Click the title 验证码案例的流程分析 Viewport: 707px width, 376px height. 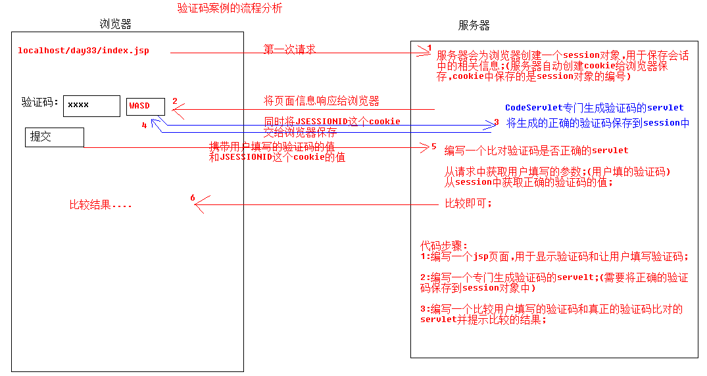click(x=230, y=9)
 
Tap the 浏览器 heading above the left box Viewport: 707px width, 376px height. click(x=116, y=24)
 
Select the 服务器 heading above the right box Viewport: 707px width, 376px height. click(x=474, y=26)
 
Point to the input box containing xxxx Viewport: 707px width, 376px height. click(x=91, y=105)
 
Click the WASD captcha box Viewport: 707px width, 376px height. click(x=145, y=106)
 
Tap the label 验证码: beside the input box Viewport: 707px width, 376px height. click(x=40, y=103)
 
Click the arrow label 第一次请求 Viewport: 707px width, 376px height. click(x=290, y=49)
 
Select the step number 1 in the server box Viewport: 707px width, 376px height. click(x=429, y=48)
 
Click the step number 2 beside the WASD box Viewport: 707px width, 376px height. click(x=175, y=101)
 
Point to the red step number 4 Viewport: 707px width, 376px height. click(x=144, y=125)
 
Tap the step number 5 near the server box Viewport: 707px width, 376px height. click(x=433, y=147)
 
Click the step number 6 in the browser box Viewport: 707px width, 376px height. click(x=192, y=198)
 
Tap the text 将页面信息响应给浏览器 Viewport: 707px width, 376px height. click(x=322, y=101)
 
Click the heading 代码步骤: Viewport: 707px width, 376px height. click(x=444, y=246)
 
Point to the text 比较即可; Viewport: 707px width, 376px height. click(x=468, y=203)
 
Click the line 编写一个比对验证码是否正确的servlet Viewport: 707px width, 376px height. click(x=536, y=151)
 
